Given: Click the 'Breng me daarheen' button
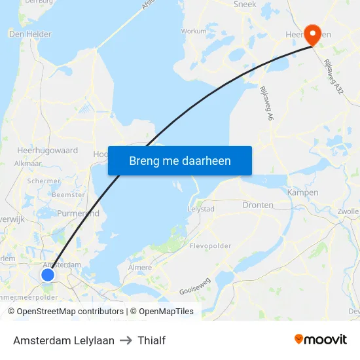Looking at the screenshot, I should (x=179, y=160).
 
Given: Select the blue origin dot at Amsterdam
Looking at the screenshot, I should (x=48, y=275).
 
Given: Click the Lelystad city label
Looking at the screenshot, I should (x=202, y=209).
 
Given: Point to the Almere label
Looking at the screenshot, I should (x=140, y=267).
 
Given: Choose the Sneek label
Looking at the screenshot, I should (x=245, y=4).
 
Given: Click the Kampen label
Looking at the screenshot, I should (x=302, y=192).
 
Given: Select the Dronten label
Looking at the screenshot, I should (x=258, y=205).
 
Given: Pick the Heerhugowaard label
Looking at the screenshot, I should (x=47, y=150).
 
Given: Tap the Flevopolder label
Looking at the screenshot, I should (x=210, y=247).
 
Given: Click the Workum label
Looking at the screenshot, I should (x=193, y=31).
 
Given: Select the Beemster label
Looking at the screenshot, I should (x=68, y=194).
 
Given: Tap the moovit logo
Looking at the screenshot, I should (x=320, y=340).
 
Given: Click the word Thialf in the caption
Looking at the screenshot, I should (x=151, y=340).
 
